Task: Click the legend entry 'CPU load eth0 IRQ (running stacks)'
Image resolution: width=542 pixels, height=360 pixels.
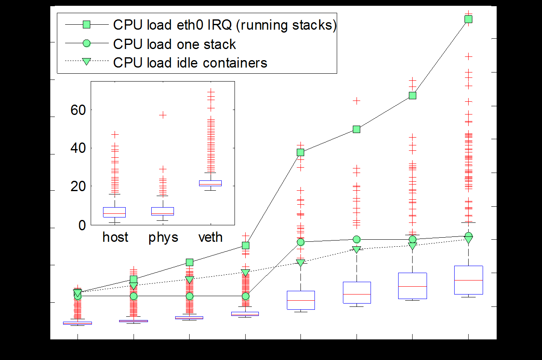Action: [x=225, y=25]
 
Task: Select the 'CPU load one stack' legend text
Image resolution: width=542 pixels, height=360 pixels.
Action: [x=174, y=44]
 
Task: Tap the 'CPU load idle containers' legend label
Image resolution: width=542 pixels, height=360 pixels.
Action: [x=190, y=63]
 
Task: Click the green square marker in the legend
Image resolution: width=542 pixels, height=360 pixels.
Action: [x=87, y=24]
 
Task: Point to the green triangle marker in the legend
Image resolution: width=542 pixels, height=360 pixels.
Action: [x=87, y=61]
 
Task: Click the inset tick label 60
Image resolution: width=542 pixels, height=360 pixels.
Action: [x=78, y=110]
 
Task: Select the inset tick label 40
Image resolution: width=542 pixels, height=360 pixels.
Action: [x=78, y=148]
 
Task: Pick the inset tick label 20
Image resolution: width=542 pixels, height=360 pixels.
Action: [x=78, y=187]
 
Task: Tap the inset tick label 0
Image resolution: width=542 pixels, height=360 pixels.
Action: [x=82, y=225]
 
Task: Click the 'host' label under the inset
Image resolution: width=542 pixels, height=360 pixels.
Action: [x=115, y=237]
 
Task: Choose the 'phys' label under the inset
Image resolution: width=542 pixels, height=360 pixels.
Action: [x=163, y=238]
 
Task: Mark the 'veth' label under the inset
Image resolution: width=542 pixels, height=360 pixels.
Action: [x=211, y=237]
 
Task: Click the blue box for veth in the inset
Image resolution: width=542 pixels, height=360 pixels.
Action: [x=210, y=183]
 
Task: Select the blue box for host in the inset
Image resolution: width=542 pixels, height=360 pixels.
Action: [x=114, y=212]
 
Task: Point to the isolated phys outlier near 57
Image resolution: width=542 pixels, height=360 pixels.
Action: [x=163, y=115]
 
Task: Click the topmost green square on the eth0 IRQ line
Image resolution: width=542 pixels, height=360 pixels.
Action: [x=469, y=19]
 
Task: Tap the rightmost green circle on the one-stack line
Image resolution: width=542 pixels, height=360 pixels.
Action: [x=469, y=235]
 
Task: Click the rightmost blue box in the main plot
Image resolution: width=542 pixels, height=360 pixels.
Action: [x=469, y=280]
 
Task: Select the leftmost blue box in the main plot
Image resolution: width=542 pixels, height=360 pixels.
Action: [x=77, y=323]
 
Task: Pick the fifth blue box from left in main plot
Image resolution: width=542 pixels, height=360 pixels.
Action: [x=301, y=300]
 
